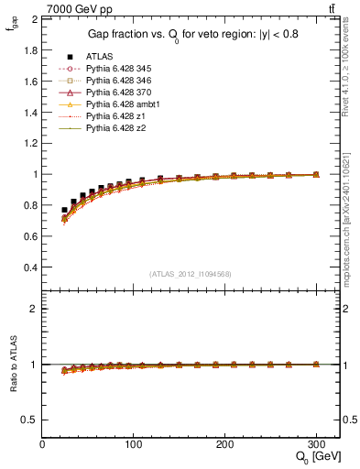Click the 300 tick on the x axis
pos(316,444)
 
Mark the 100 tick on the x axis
pos(134,444)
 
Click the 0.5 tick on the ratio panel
pos(29,420)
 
